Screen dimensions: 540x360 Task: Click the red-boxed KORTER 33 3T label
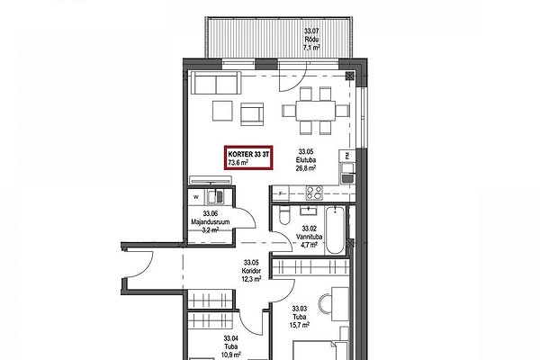pos(248,157)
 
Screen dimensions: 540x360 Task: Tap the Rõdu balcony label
pos(311,40)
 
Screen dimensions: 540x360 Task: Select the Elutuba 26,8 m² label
pos(305,160)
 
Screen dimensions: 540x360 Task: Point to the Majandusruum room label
pos(211,222)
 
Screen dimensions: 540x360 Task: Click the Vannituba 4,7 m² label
pos(309,237)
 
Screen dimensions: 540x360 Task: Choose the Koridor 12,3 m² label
pos(252,271)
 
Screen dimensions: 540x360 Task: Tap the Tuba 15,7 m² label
pos(300,317)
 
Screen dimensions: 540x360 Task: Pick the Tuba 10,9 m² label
pos(231,346)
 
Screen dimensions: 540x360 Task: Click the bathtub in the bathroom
pos(335,230)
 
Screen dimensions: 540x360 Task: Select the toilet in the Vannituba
pos(284,214)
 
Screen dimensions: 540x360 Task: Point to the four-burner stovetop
pos(314,193)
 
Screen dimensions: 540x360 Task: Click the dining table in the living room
pos(316,111)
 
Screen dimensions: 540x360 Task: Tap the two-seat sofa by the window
pos(216,83)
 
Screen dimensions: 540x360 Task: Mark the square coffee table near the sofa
pos(222,111)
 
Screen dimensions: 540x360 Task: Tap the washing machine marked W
pos(196,197)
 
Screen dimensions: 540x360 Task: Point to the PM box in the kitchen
pos(346,156)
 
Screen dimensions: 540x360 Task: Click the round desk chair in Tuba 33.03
pos(324,303)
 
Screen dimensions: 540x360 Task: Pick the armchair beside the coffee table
pos(252,114)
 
